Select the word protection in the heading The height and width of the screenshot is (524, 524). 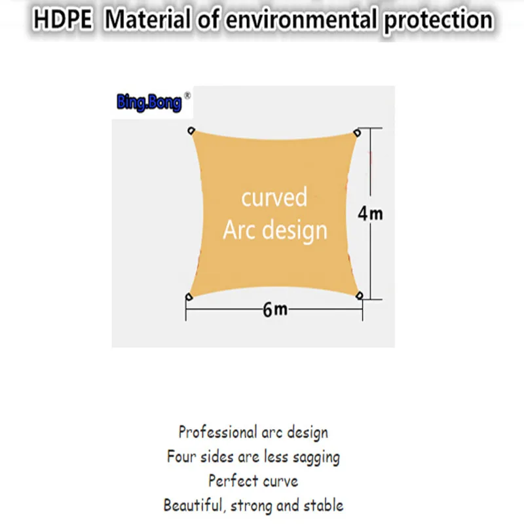coord(438,20)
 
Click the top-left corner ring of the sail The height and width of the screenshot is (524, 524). coord(191,130)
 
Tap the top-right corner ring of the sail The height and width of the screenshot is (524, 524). coord(358,133)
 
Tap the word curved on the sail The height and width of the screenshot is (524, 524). coord(274,197)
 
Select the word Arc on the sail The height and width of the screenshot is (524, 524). coord(240,231)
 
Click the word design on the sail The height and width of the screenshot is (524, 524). coord(294,231)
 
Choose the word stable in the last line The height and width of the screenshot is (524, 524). coord(323,505)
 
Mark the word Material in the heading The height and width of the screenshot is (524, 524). coord(147,20)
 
